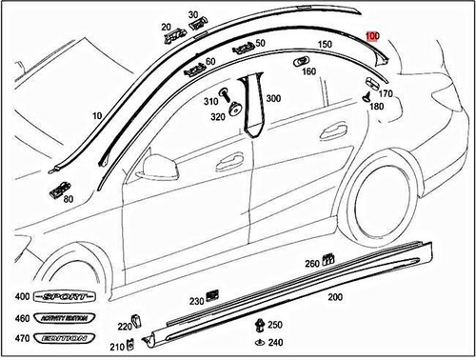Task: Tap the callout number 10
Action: (x=96, y=116)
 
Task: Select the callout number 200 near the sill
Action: (x=334, y=297)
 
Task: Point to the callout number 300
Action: (x=273, y=99)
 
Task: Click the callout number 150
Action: (x=325, y=45)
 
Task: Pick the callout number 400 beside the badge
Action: (x=15, y=296)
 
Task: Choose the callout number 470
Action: (x=15, y=337)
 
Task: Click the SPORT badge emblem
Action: (x=61, y=297)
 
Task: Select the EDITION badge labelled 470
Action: (x=61, y=337)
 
